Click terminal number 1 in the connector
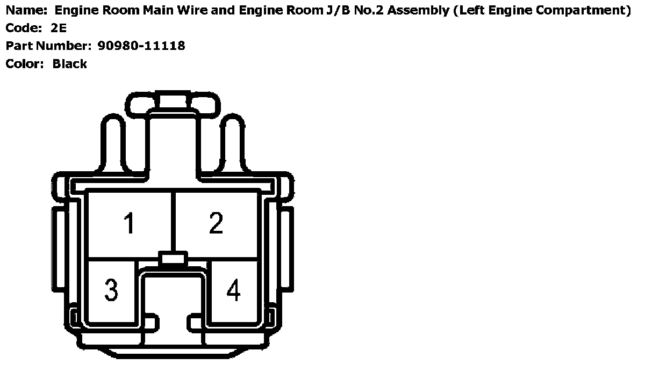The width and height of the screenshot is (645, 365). (x=129, y=223)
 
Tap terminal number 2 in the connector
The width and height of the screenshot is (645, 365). (x=216, y=223)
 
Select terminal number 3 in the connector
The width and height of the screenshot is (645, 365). (x=111, y=290)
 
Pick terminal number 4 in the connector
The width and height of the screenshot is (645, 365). (x=233, y=290)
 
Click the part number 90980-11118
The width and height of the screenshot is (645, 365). (x=141, y=46)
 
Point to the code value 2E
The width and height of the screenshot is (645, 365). (x=59, y=28)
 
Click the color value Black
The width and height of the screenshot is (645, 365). (x=70, y=64)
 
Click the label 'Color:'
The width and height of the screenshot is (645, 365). (x=25, y=64)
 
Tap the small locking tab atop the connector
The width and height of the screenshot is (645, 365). (x=173, y=100)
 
